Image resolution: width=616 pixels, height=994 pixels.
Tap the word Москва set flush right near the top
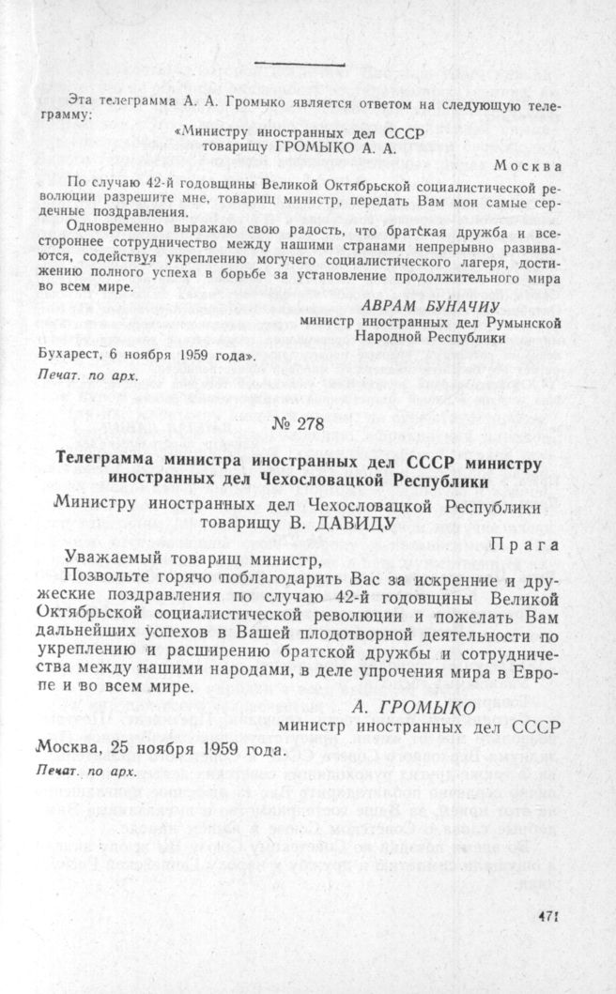(530, 165)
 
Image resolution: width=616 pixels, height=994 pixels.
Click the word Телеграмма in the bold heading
(111, 463)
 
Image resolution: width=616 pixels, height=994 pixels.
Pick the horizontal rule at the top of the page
(300, 65)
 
